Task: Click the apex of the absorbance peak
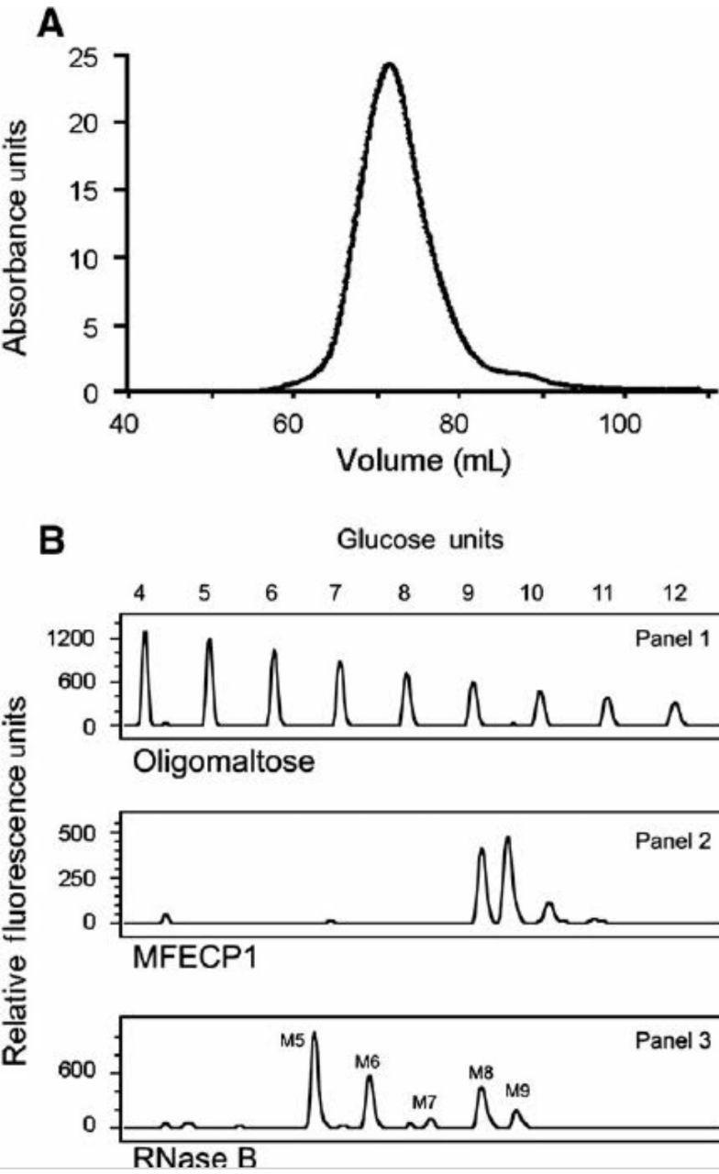pyautogui.click(x=389, y=65)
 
